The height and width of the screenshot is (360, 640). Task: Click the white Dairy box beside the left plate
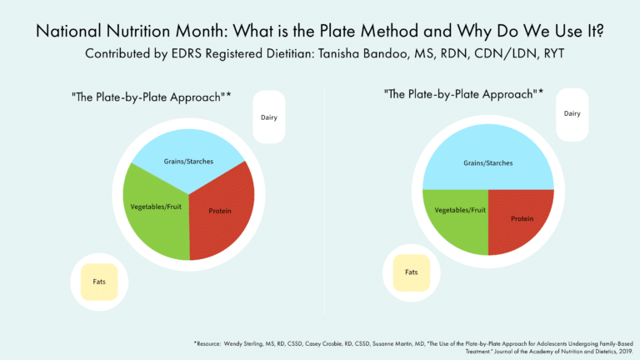[x=268, y=117]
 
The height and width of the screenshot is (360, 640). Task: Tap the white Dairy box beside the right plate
[x=572, y=113]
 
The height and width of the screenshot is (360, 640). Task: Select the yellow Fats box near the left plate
[x=98, y=280]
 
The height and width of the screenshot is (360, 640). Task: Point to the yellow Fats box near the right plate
[x=411, y=272]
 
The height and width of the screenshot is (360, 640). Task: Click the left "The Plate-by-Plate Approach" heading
[x=150, y=97]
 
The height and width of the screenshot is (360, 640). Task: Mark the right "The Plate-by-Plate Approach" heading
[x=462, y=93]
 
